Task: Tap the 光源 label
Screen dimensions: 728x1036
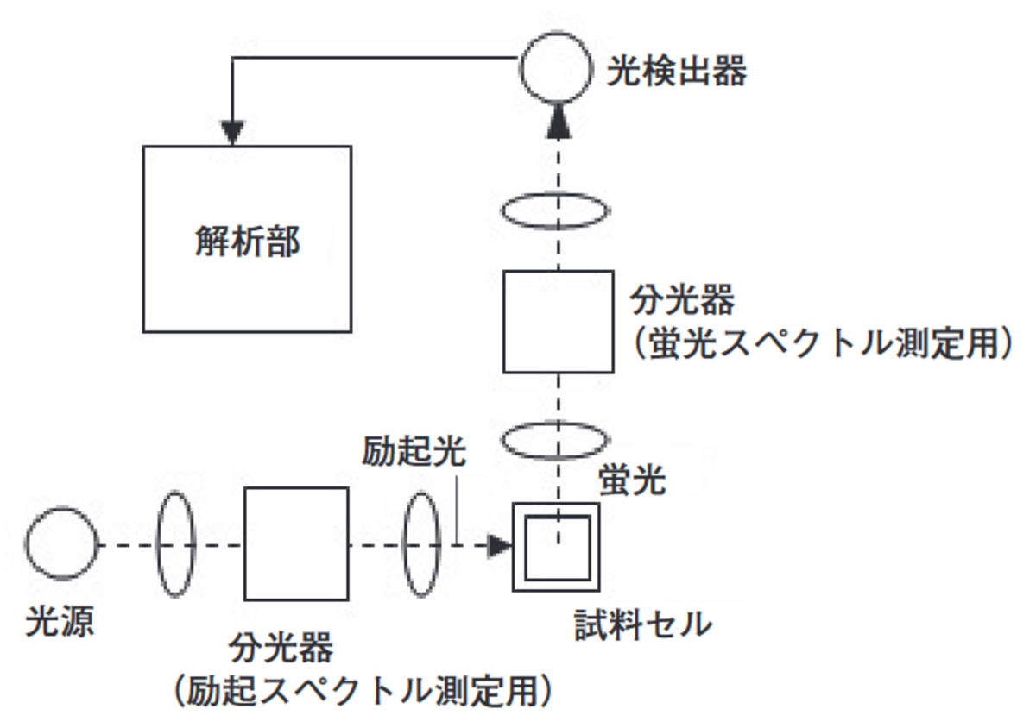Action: (60, 622)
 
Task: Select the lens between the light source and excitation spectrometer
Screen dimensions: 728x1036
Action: (176, 543)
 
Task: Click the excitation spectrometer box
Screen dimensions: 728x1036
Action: (296, 543)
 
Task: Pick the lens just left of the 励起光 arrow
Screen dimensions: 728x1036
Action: (423, 543)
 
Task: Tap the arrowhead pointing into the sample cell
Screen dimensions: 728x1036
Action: (498, 545)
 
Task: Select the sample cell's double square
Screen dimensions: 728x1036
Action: (556, 547)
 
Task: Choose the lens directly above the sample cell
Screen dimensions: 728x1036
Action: (556, 440)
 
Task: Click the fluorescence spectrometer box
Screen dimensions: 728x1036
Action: (558, 322)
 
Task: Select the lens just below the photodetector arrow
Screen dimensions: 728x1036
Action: (556, 211)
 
